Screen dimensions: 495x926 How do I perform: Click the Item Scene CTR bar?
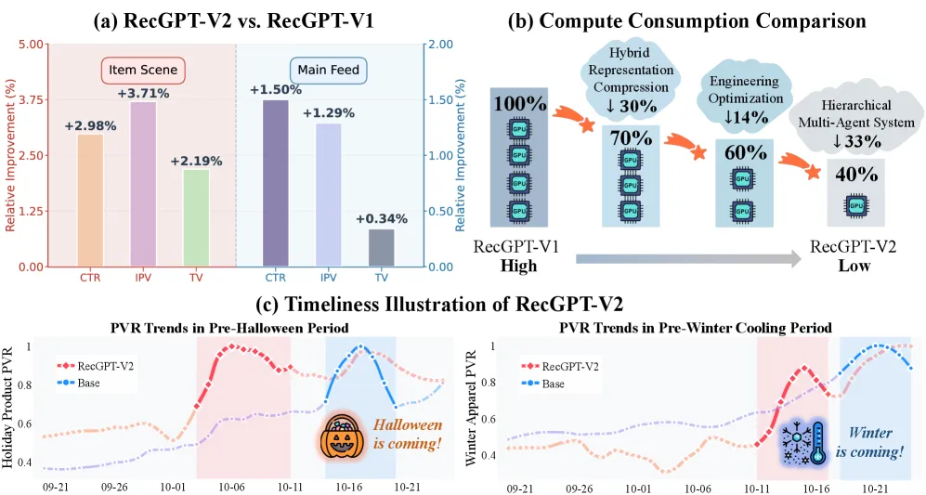(90, 201)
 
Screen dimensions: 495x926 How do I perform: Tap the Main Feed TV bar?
(381, 248)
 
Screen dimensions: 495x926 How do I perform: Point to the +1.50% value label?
(276, 89)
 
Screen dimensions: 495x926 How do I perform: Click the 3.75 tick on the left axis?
(30, 99)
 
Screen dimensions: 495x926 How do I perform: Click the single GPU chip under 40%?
(854, 203)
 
